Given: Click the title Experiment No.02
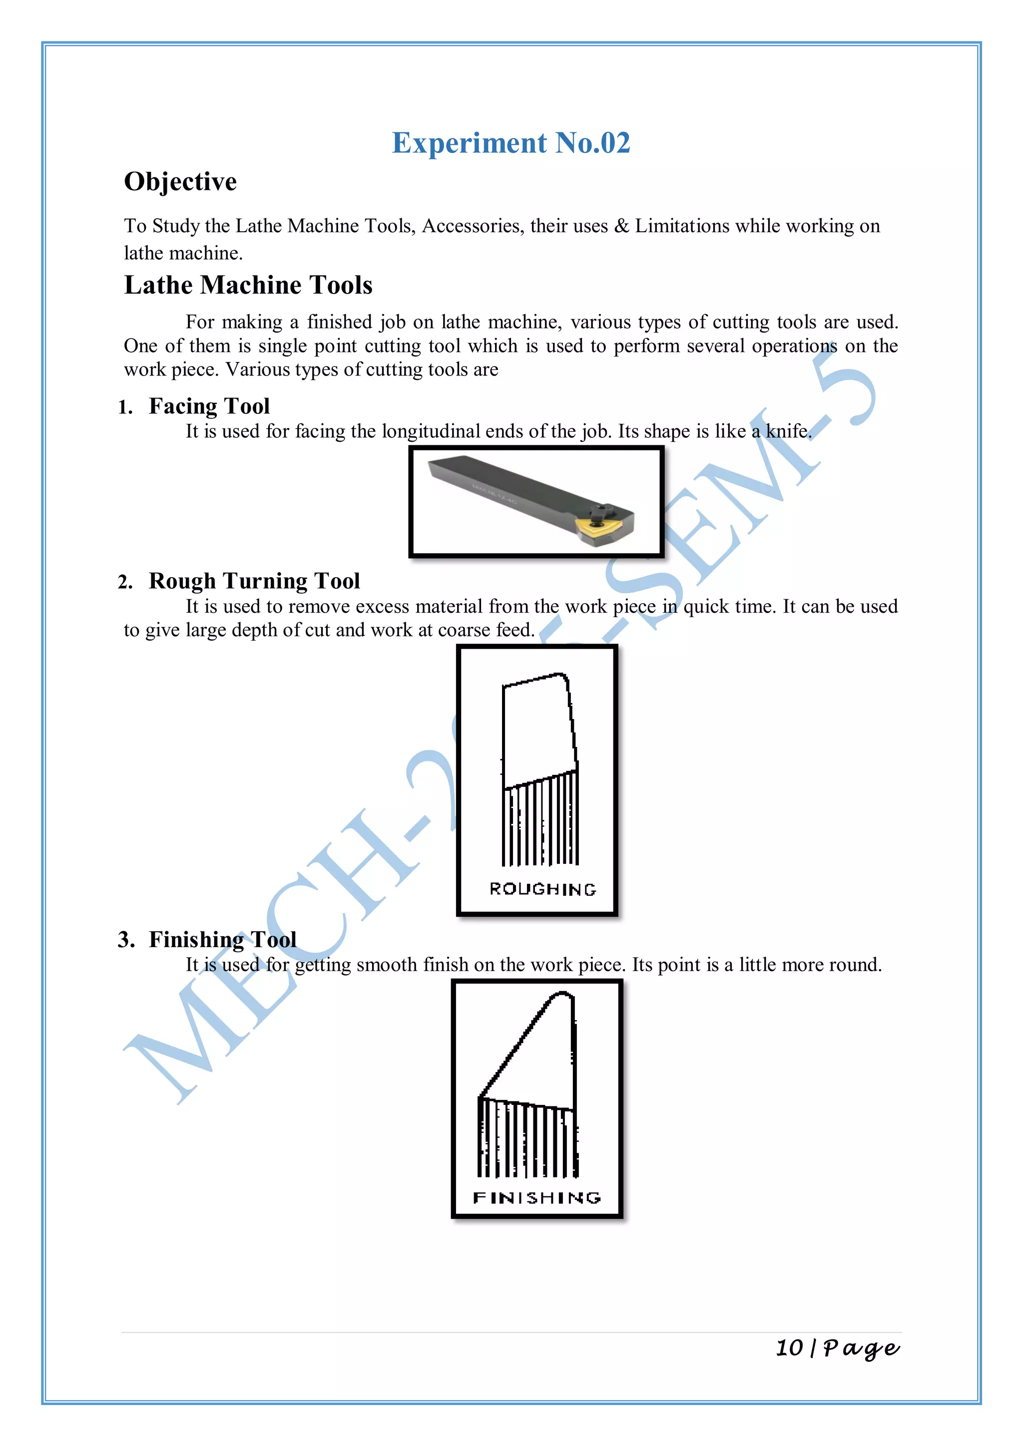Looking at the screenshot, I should pyautogui.click(x=511, y=143).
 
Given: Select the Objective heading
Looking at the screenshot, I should pyautogui.click(x=180, y=182).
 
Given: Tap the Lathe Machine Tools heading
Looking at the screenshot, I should pyautogui.click(x=248, y=285).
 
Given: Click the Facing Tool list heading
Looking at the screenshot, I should pyautogui.click(x=209, y=406).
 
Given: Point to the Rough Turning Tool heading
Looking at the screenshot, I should pyautogui.click(x=254, y=581).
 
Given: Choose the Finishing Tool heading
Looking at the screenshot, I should pyautogui.click(x=222, y=940).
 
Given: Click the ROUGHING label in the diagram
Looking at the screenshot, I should pyautogui.click(x=542, y=889).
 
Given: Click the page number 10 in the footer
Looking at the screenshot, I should pyautogui.click(x=789, y=1348).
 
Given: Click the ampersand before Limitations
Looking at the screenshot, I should pyautogui.click(x=622, y=226).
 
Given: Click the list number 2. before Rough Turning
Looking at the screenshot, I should pyautogui.click(x=125, y=582).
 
